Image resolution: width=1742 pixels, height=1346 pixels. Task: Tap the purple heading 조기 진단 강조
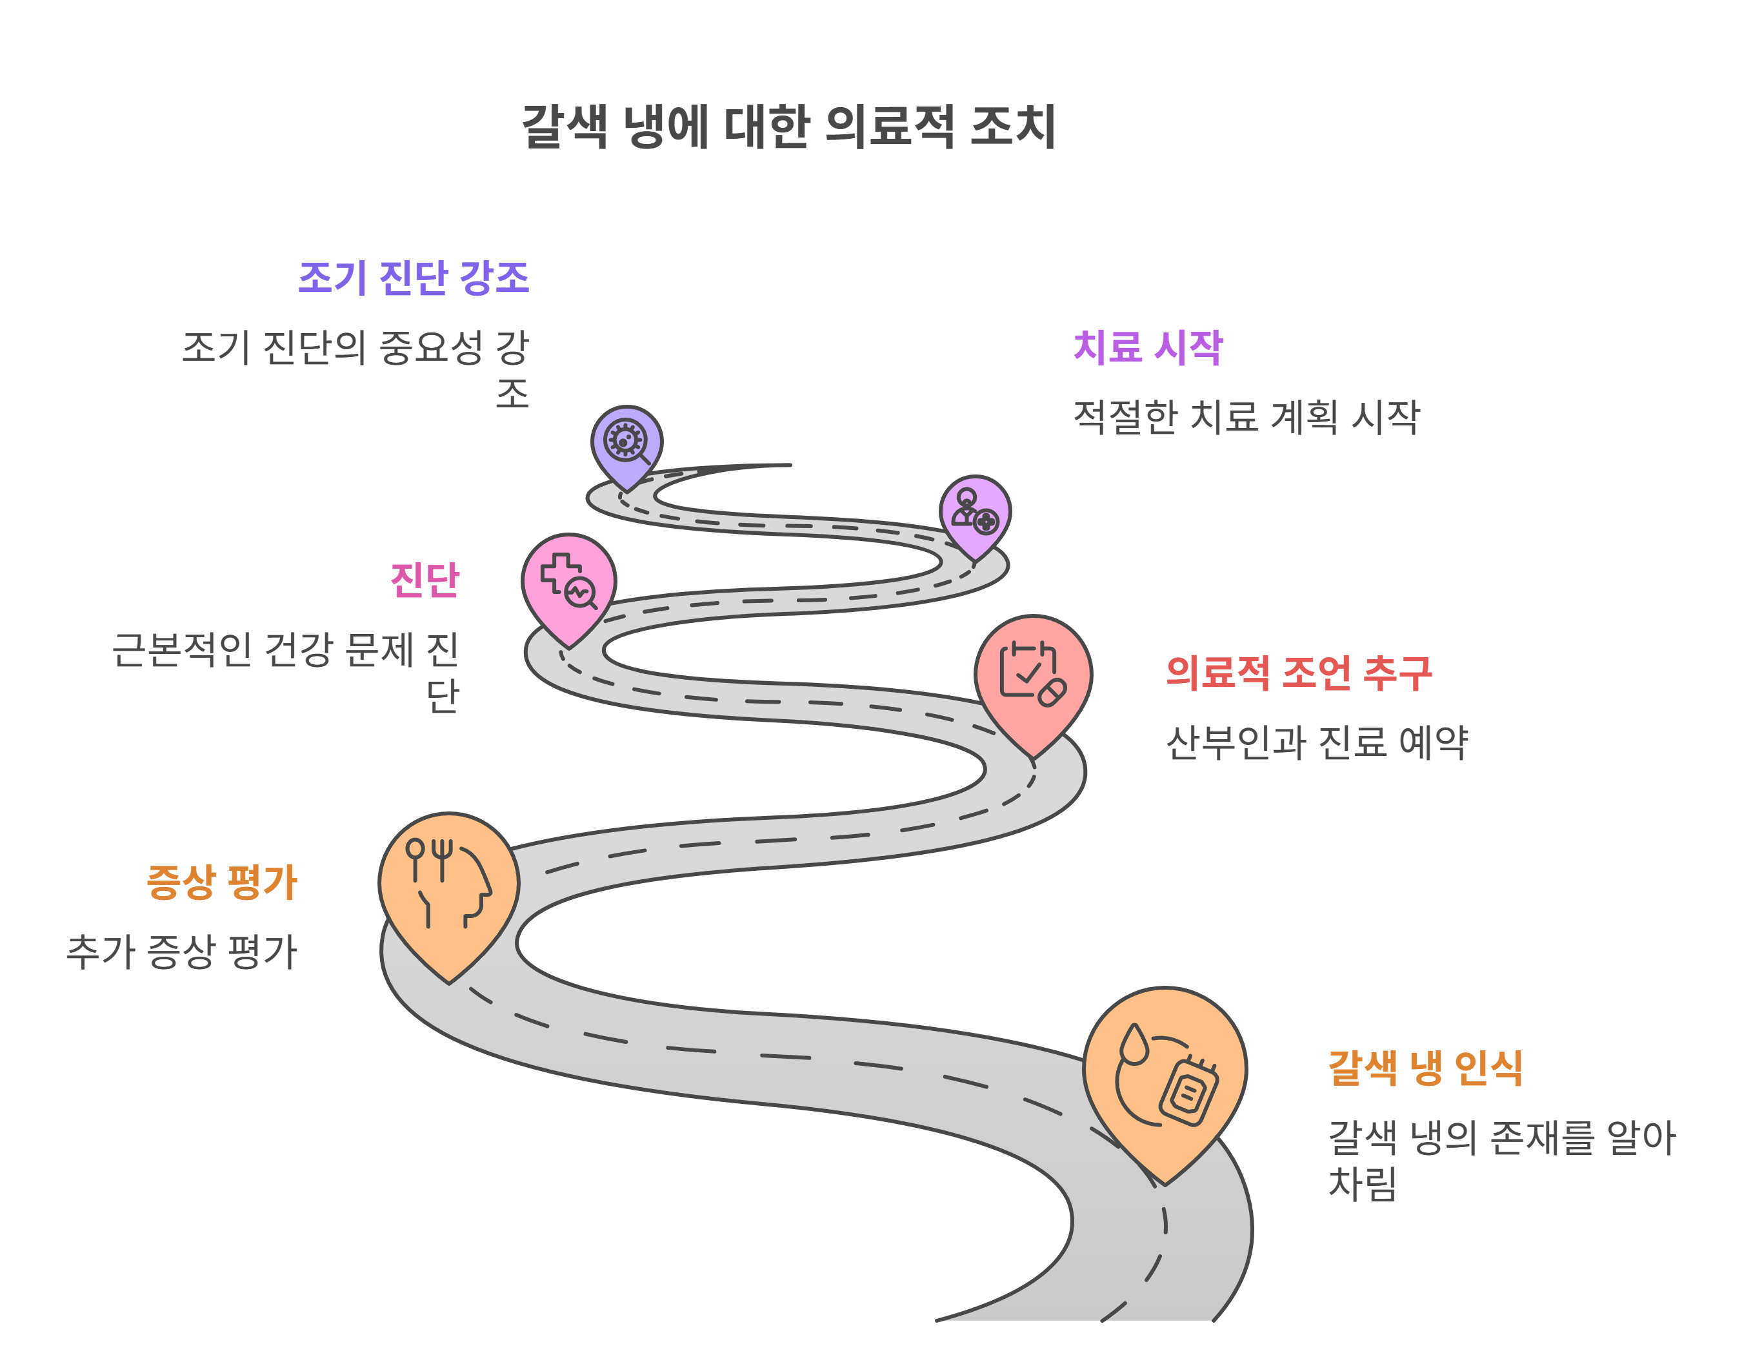pyautogui.click(x=413, y=278)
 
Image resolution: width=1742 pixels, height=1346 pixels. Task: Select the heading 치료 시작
pyautogui.click(x=1147, y=348)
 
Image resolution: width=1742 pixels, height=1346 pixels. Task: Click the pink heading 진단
pyautogui.click(x=425, y=580)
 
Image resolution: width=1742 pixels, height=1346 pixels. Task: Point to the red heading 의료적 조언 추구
pyautogui.click(x=1299, y=673)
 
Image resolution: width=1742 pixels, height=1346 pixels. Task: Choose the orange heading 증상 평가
pyautogui.click(x=222, y=882)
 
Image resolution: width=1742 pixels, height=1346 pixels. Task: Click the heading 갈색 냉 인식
pyautogui.click(x=1425, y=1068)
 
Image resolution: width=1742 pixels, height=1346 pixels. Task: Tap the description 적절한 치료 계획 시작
pyautogui.click(x=1246, y=417)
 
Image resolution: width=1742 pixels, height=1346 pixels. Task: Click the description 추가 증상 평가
pyautogui.click(x=182, y=952)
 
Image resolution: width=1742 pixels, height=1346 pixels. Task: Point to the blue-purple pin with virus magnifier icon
pyautogui.click(x=627, y=444)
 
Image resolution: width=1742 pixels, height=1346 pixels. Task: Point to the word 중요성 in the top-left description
pyautogui.click(x=431, y=348)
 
